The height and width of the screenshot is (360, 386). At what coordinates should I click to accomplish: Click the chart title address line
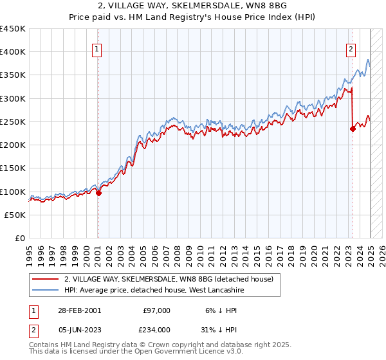(193, 6)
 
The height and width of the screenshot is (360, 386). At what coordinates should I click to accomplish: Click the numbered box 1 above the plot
(96, 48)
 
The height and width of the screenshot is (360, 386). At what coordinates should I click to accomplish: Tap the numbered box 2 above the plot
(351, 48)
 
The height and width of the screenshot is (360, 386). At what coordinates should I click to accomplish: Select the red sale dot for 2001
(98, 193)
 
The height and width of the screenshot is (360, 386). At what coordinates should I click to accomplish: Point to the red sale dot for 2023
(353, 129)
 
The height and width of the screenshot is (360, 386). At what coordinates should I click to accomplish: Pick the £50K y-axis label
(15, 215)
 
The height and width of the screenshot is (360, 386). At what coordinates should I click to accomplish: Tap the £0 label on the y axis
(20, 238)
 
